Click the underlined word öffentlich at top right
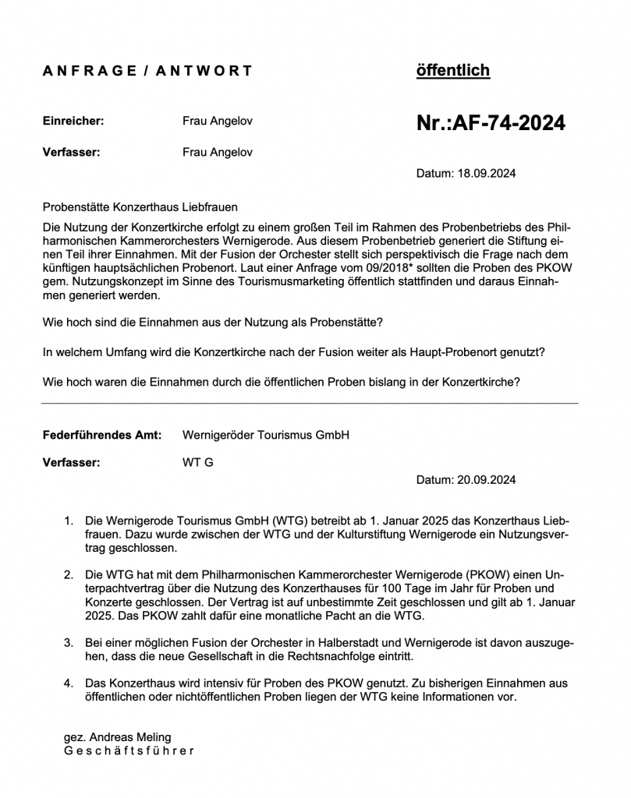click(453, 71)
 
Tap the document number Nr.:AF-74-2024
click(491, 123)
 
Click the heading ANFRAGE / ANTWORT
click(147, 71)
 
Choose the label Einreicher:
click(73, 122)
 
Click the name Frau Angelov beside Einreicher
click(218, 122)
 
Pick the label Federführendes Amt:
click(102, 435)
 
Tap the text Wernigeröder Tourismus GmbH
click(265, 435)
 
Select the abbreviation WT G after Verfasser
click(197, 462)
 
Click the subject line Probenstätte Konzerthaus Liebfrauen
click(140, 207)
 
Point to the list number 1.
click(68, 520)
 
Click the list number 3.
click(68, 643)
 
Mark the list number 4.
click(68, 683)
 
